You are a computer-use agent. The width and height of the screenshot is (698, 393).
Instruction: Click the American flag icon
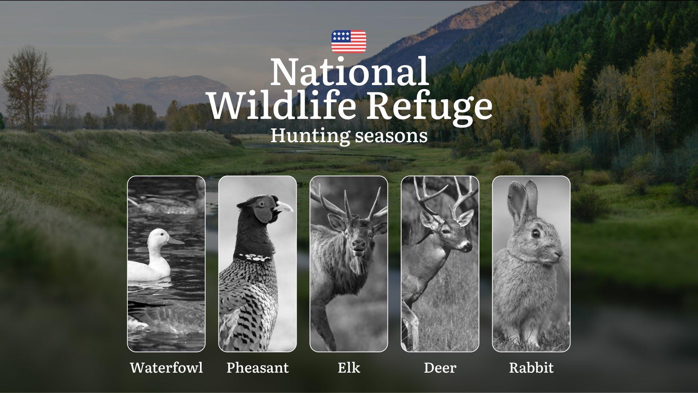pyautogui.click(x=349, y=41)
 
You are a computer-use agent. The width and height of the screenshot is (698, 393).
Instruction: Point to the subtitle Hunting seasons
pyautogui.click(x=349, y=136)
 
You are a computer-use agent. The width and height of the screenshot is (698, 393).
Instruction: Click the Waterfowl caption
pyautogui.click(x=167, y=368)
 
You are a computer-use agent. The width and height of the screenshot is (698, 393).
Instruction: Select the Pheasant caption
pyautogui.click(x=257, y=368)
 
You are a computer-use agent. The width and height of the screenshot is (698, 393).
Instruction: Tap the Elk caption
pyautogui.click(x=349, y=368)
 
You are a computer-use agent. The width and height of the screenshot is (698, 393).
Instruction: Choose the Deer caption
pyautogui.click(x=440, y=368)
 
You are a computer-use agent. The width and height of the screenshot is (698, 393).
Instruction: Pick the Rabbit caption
pyautogui.click(x=531, y=368)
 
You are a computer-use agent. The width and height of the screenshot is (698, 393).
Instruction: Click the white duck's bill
pyautogui.click(x=176, y=241)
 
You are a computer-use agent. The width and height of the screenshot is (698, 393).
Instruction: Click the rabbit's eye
pyautogui.click(x=535, y=233)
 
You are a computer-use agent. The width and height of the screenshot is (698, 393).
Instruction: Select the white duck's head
pyautogui.click(x=159, y=238)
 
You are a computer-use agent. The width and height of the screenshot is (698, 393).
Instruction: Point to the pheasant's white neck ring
pyautogui.click(x=253, y=257)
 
